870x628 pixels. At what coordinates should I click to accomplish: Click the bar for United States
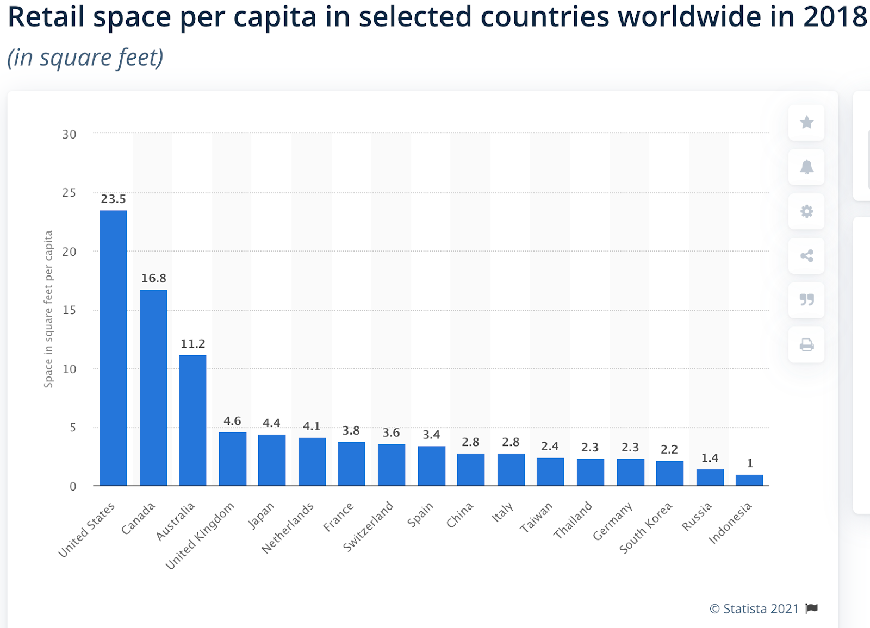coord(113,348)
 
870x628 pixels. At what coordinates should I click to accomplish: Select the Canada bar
coord(153,387)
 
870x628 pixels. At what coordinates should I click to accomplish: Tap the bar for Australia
coord(192,420)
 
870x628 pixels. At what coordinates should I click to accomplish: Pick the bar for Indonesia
coord(749,480)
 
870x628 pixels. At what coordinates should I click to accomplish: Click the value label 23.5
coord(113,199)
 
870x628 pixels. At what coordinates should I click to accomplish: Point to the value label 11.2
coord(192,344)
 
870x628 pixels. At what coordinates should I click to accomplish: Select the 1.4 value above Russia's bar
coord(710,458)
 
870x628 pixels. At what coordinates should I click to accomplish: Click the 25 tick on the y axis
coord(69,193)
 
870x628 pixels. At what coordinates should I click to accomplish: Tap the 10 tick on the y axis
coord(69,369)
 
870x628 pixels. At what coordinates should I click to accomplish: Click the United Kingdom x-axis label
coord(201,535)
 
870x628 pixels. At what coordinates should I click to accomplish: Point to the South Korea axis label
coord(647,527)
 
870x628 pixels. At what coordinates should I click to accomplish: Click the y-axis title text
coord(48,309)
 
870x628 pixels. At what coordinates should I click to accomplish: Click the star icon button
coord(806,122)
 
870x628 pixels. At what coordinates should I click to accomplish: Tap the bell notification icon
coord(806,167)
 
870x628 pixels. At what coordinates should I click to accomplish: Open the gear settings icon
coord(806,211)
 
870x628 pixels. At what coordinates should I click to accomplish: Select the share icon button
coord(806,256)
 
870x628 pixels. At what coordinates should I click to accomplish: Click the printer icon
coord(806,344)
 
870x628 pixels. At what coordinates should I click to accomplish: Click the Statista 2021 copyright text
coord(754,609)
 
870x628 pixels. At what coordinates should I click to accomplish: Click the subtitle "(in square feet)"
coord(85,58)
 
